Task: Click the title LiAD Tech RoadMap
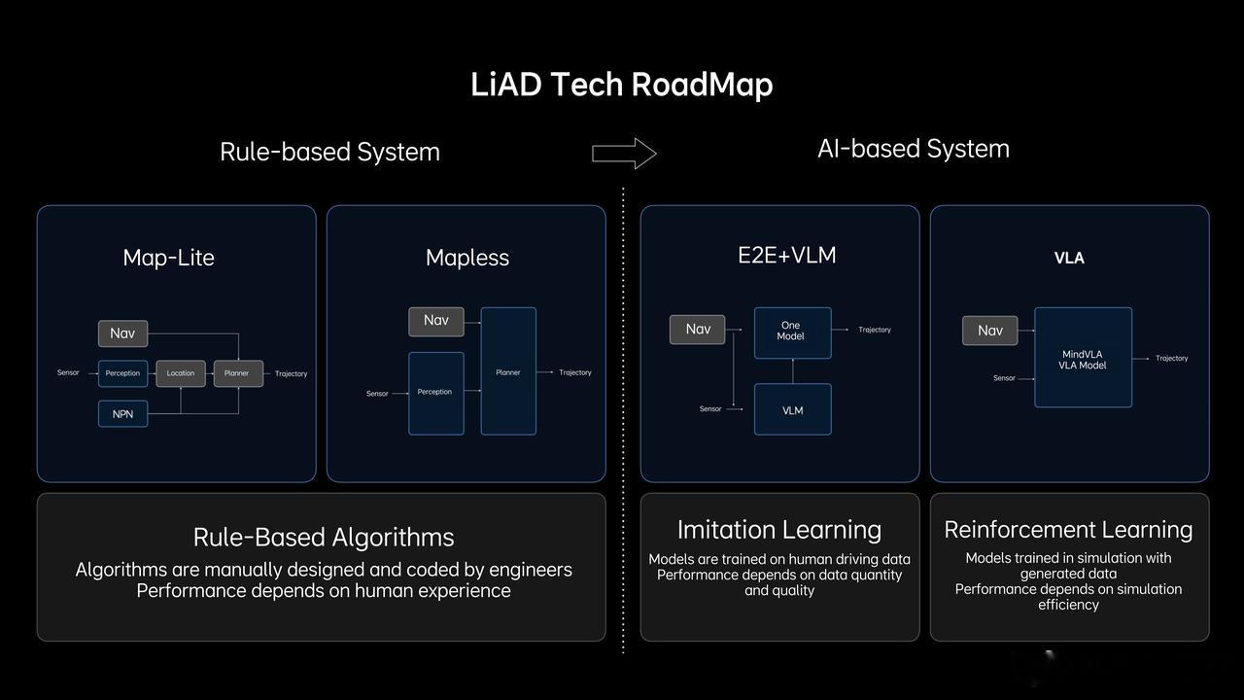621,85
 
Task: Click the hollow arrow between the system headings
624,153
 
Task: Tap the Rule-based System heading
329,152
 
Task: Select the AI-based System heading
913,149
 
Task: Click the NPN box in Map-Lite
122,413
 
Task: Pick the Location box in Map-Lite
181,373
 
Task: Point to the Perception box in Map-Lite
122,373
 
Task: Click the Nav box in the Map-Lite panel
122,333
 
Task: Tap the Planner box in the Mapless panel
508,371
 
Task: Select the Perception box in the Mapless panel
435,392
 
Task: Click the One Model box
792,332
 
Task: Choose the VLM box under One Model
792,409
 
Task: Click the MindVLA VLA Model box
1083,358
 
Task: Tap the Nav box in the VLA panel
990,331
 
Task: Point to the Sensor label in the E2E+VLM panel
710,409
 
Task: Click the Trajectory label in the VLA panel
1171,358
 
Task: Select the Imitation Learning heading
779,530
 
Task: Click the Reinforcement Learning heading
1068,530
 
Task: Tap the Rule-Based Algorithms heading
324,537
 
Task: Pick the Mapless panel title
467,258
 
